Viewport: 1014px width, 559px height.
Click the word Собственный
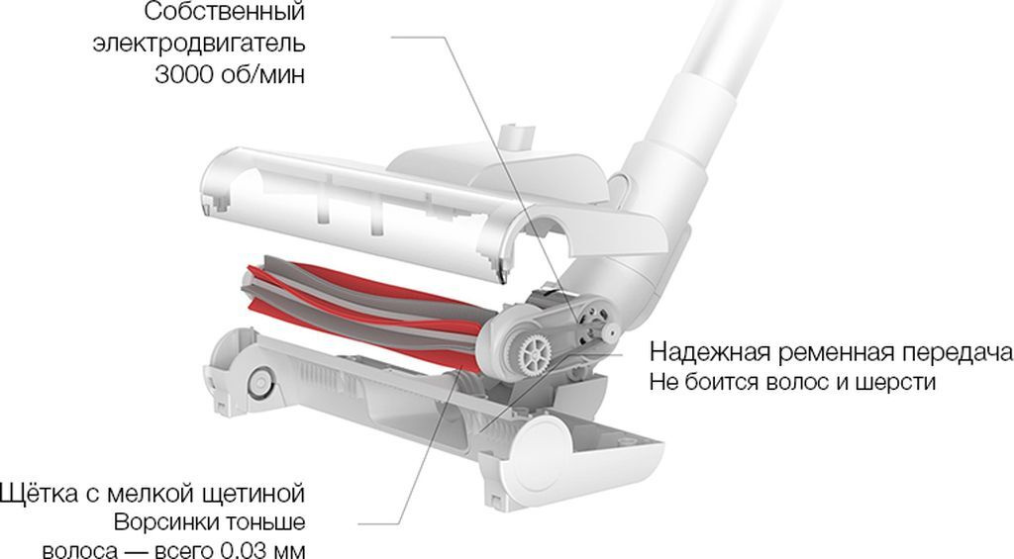pyautogui.click(x=224, y=12)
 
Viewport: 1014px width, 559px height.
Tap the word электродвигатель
pyautogui.click(x=198, y=44)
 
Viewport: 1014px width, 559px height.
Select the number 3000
pyautogui.click(x=184, y=75)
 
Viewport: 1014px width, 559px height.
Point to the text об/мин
pyautogui.click(x=263, y=75)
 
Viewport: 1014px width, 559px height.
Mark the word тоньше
pyautogui.click(x=263, y=522)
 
